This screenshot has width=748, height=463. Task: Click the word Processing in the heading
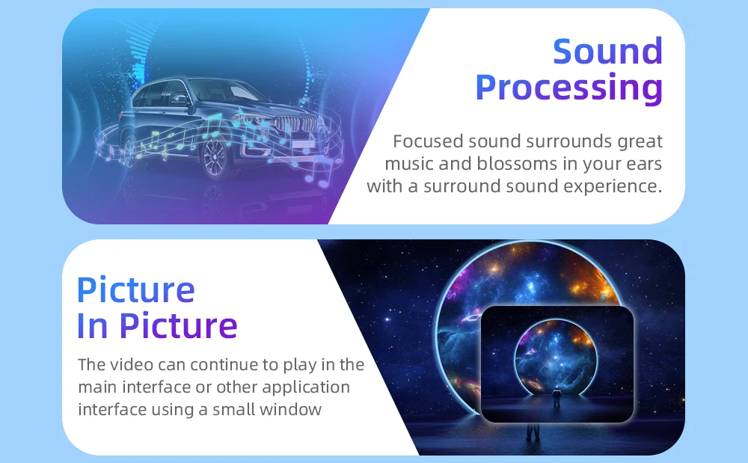click(x=568, y=88)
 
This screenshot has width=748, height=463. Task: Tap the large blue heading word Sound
click(x=607, y=51)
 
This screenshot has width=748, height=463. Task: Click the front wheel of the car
click(x=214, y=157)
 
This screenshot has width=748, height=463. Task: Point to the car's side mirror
click(x=180, y=99)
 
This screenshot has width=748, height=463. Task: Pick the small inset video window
click(x=557, y=364)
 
